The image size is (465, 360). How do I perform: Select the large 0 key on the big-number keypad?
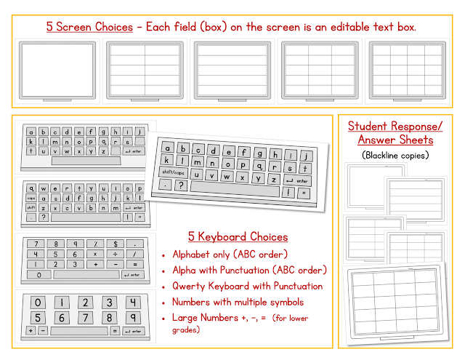pos(38,303)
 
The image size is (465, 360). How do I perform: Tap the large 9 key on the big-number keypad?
pos(132,317)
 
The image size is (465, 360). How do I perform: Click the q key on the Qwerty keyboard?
pos(31,187)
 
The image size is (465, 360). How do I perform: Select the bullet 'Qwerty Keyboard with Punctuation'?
pos(247,286)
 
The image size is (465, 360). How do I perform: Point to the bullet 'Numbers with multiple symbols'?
pos(238,301)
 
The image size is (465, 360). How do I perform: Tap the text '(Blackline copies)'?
pos(395,154)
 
